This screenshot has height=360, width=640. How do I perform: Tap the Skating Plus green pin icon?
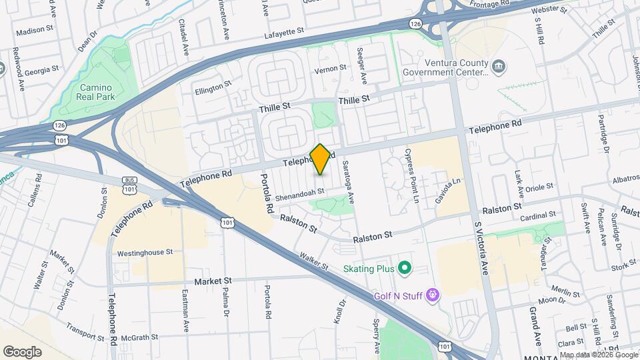(404, 269)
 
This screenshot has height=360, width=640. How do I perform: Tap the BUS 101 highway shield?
(129, 185)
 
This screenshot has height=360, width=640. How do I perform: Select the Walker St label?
(314, 261)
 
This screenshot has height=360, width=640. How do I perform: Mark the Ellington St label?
(213, 87)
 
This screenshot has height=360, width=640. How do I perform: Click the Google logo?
(22, 351)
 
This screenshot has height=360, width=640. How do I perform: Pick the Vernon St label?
(331, 68)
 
